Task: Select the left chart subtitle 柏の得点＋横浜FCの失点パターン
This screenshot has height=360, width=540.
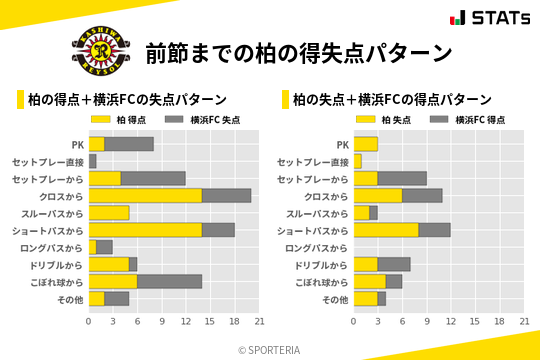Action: pyautogui.click(x=127, y=100)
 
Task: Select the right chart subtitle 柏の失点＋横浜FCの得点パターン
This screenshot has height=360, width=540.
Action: pyautogui.click(x=392, y=100)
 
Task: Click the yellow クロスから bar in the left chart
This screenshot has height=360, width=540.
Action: pyautogui.click(x=145, y=195)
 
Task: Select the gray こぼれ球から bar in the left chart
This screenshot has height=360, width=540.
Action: pyautogui.click(x=170, y=281)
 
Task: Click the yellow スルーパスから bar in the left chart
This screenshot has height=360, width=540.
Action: pyautogui.click(x=109, y=212)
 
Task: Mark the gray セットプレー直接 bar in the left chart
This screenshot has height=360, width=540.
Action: pyautogui.click(x=93, y=161)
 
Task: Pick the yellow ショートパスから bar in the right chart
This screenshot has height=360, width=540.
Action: pyautogui.click(x=385, y=230)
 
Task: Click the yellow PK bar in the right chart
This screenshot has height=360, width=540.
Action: pyautogui.click(x=365, y=144)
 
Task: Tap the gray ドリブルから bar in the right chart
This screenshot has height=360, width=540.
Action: pyautogui.click(x=393, y=264)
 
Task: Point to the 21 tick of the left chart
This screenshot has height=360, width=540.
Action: pyautogui.click(x=259, y=321)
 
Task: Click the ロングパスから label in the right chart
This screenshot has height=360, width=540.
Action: pyautogui.click(x=317, y=247)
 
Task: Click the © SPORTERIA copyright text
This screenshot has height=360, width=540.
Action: pyautogui.click(x=270, y=349)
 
